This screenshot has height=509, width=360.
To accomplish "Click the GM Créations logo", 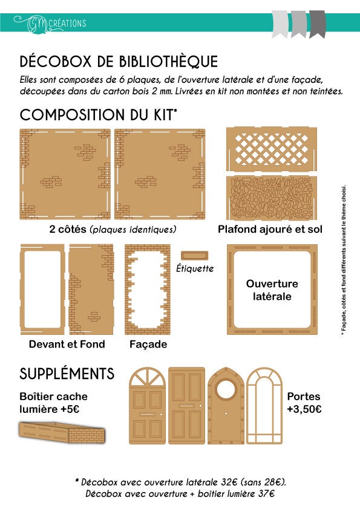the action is [50, 24].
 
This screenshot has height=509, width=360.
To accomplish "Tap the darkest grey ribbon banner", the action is [317, 24].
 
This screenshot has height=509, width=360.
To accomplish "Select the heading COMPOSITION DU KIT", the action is [98, 115].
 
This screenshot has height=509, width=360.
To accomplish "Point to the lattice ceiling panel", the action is [271, 149].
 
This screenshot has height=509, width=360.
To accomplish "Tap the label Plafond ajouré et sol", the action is [270, 229].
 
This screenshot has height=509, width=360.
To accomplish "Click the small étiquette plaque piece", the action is [194, 256].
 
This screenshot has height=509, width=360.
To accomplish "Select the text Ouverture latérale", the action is [272, 290].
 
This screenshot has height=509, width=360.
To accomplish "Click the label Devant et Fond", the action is [67, 344].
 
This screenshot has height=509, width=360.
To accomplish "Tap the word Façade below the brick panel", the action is [148, 345].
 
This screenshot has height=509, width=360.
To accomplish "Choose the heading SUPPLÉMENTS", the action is [67, 374].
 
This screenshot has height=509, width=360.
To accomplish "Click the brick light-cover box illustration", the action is [62, 432].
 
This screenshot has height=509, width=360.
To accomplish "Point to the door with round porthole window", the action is [226, 406].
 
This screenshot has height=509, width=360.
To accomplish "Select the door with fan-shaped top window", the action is [147, 406].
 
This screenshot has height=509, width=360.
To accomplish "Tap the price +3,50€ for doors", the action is [304, 409].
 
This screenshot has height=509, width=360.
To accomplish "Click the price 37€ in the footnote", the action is [266, 494].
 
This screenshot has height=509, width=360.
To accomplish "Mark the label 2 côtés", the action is [68, 229].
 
